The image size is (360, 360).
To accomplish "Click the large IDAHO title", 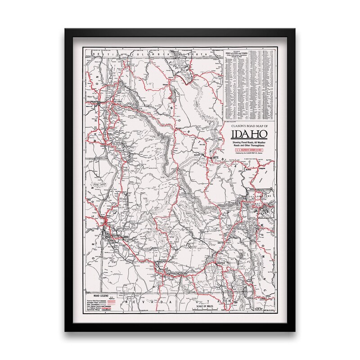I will (249, 135).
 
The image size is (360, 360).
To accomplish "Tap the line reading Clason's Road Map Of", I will (249, 126).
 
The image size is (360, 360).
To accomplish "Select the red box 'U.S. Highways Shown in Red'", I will (249, 151).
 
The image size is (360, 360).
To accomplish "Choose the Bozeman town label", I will (249, 171).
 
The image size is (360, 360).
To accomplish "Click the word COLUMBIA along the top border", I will (152, 53).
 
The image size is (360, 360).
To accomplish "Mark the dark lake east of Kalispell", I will (171, 94).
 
